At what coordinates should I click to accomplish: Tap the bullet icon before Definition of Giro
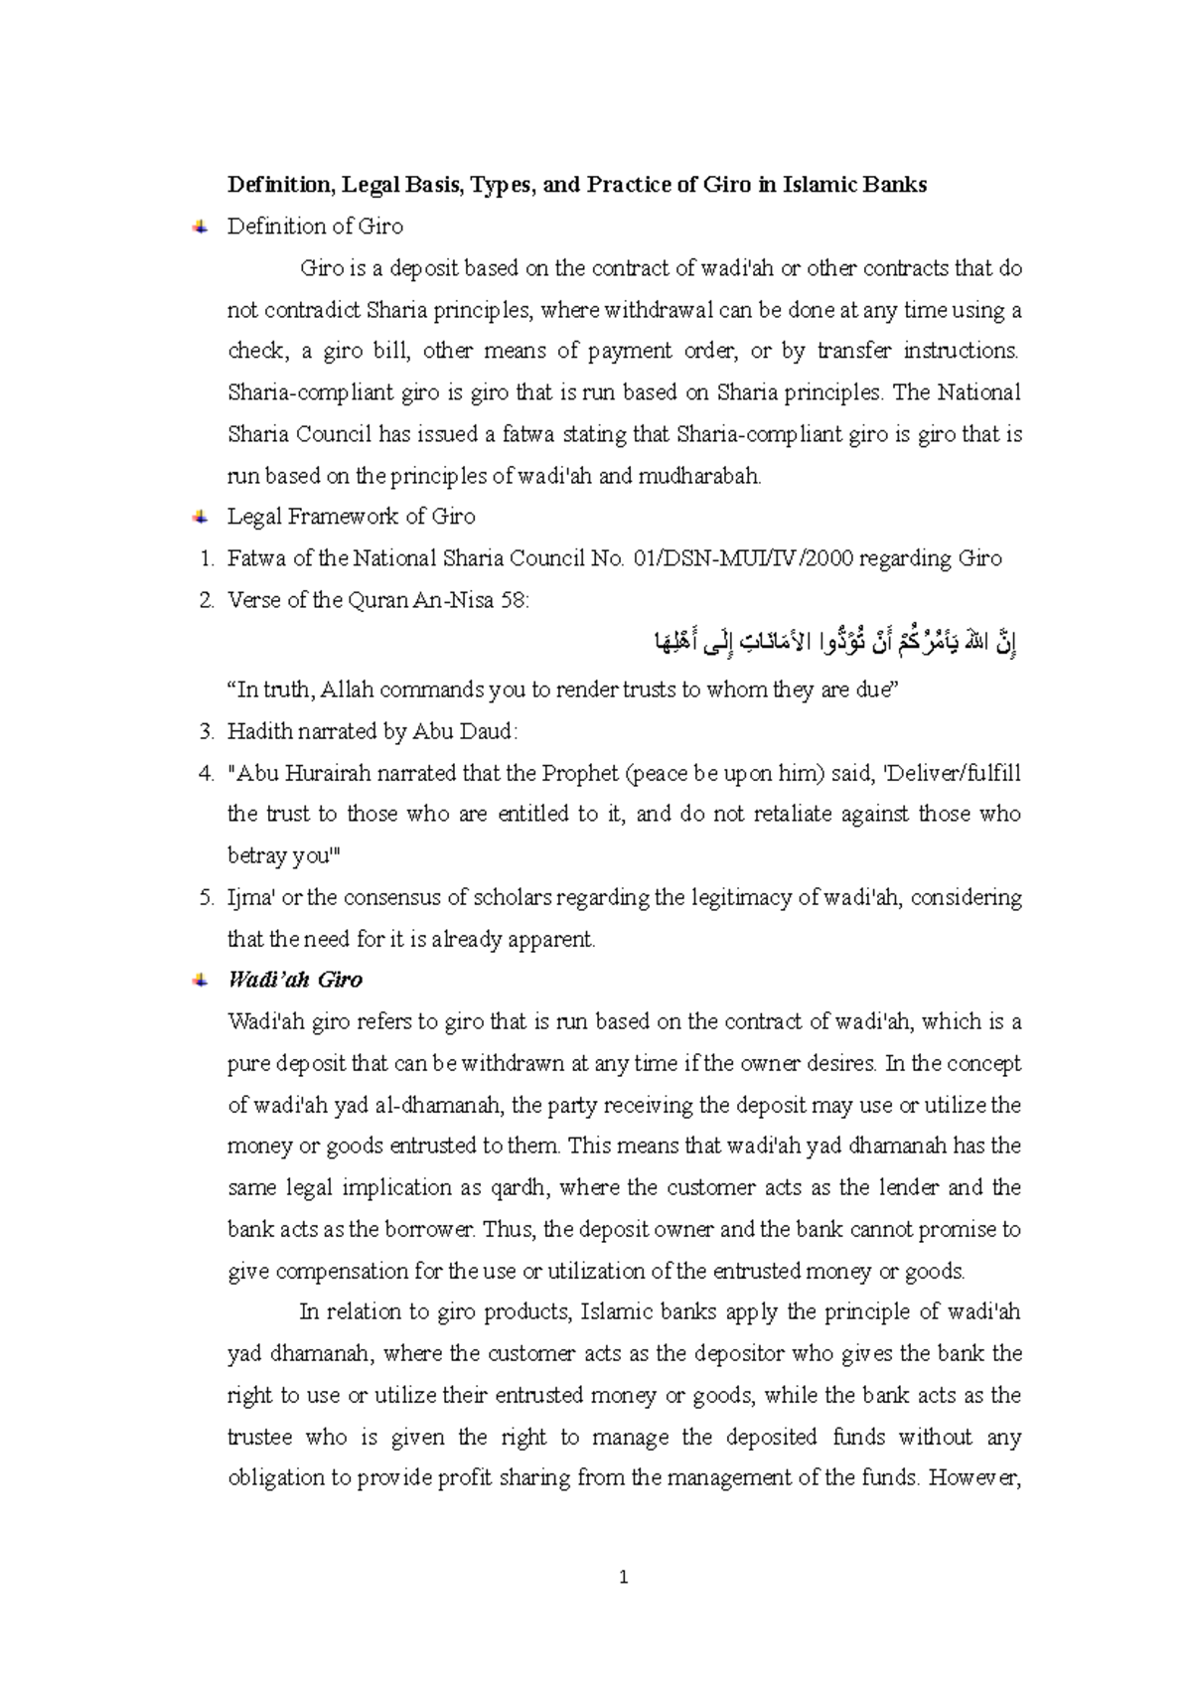200,227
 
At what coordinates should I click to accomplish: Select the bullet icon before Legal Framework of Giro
200,517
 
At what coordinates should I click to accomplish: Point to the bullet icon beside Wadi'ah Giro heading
200,981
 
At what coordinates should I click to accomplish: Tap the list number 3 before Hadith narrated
206,731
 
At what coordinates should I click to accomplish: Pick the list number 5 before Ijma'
206,898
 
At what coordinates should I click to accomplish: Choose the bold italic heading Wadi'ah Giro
295,981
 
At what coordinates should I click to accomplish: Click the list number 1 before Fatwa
206,558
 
